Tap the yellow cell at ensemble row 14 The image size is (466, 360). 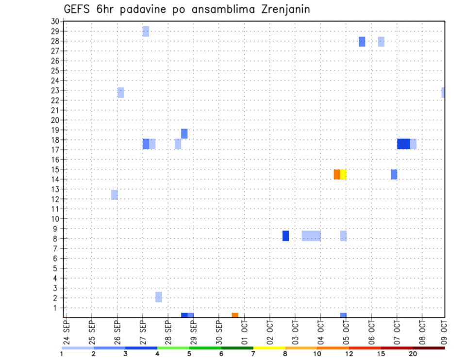pyautogui.click(x=343, y=174)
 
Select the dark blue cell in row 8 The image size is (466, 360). pyautogui.click(x=286, y=236)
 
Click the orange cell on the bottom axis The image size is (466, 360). pyautogui.click(x=235, y=315)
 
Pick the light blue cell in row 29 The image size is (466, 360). pyautogui.click(x=146, y=32)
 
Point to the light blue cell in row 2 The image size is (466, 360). pyautogui.click(x=159, y=297)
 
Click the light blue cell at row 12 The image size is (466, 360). pyautogui.click(x=115, y=195)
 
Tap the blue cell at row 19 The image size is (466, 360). pyautogui.click(x=184, y=134)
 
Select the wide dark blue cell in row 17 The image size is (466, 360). pyautogui.click(x=403, y=144)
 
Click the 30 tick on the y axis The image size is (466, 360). pyautogui.click(x=54, y=21)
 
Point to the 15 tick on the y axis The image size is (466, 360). pyautogui.click(x=54, y=169)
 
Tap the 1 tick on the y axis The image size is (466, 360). pyautogui.click(x=56, y=308)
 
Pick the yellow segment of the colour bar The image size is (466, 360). pyautogui.click(x=269, y=348)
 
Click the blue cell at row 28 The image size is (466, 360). pyautogui.click(x=362, y=42)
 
